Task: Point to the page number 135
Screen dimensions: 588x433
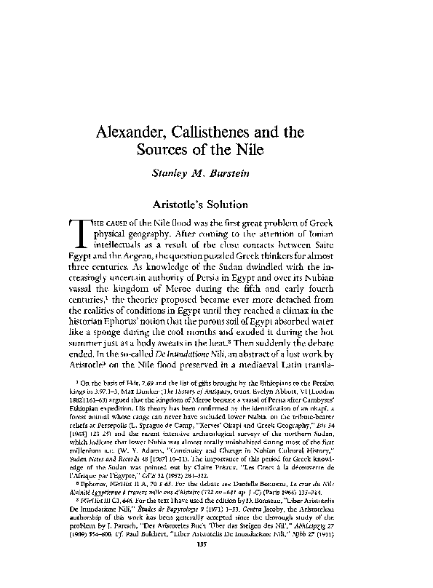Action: tap(216, 563)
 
